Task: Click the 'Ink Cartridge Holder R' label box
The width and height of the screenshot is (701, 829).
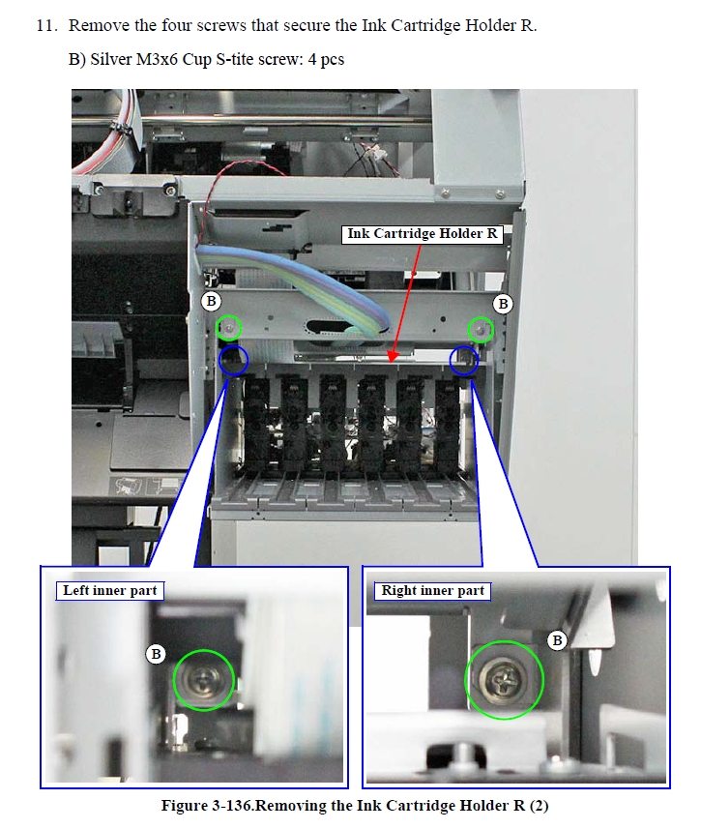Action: [x=422, y=234]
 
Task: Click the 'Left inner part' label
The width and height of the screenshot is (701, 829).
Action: [x=110, y=591]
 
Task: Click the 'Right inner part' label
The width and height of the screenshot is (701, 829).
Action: [x=432, y=591]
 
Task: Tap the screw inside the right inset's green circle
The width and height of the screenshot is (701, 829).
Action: [x=503, y=679]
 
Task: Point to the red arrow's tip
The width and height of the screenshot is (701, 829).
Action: [x=390, y=363]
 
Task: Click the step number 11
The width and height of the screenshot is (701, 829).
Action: [x=46, y=25]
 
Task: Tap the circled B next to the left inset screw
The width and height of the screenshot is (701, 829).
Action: [x=156, y=655]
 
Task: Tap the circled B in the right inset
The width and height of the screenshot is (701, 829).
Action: [x=557, y=640]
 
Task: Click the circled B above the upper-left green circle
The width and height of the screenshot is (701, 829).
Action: [x=211, y=302]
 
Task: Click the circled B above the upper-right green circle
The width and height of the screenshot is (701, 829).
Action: [x=503, y=304]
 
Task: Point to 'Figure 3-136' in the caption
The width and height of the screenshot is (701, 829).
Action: [x=207, y=806]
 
